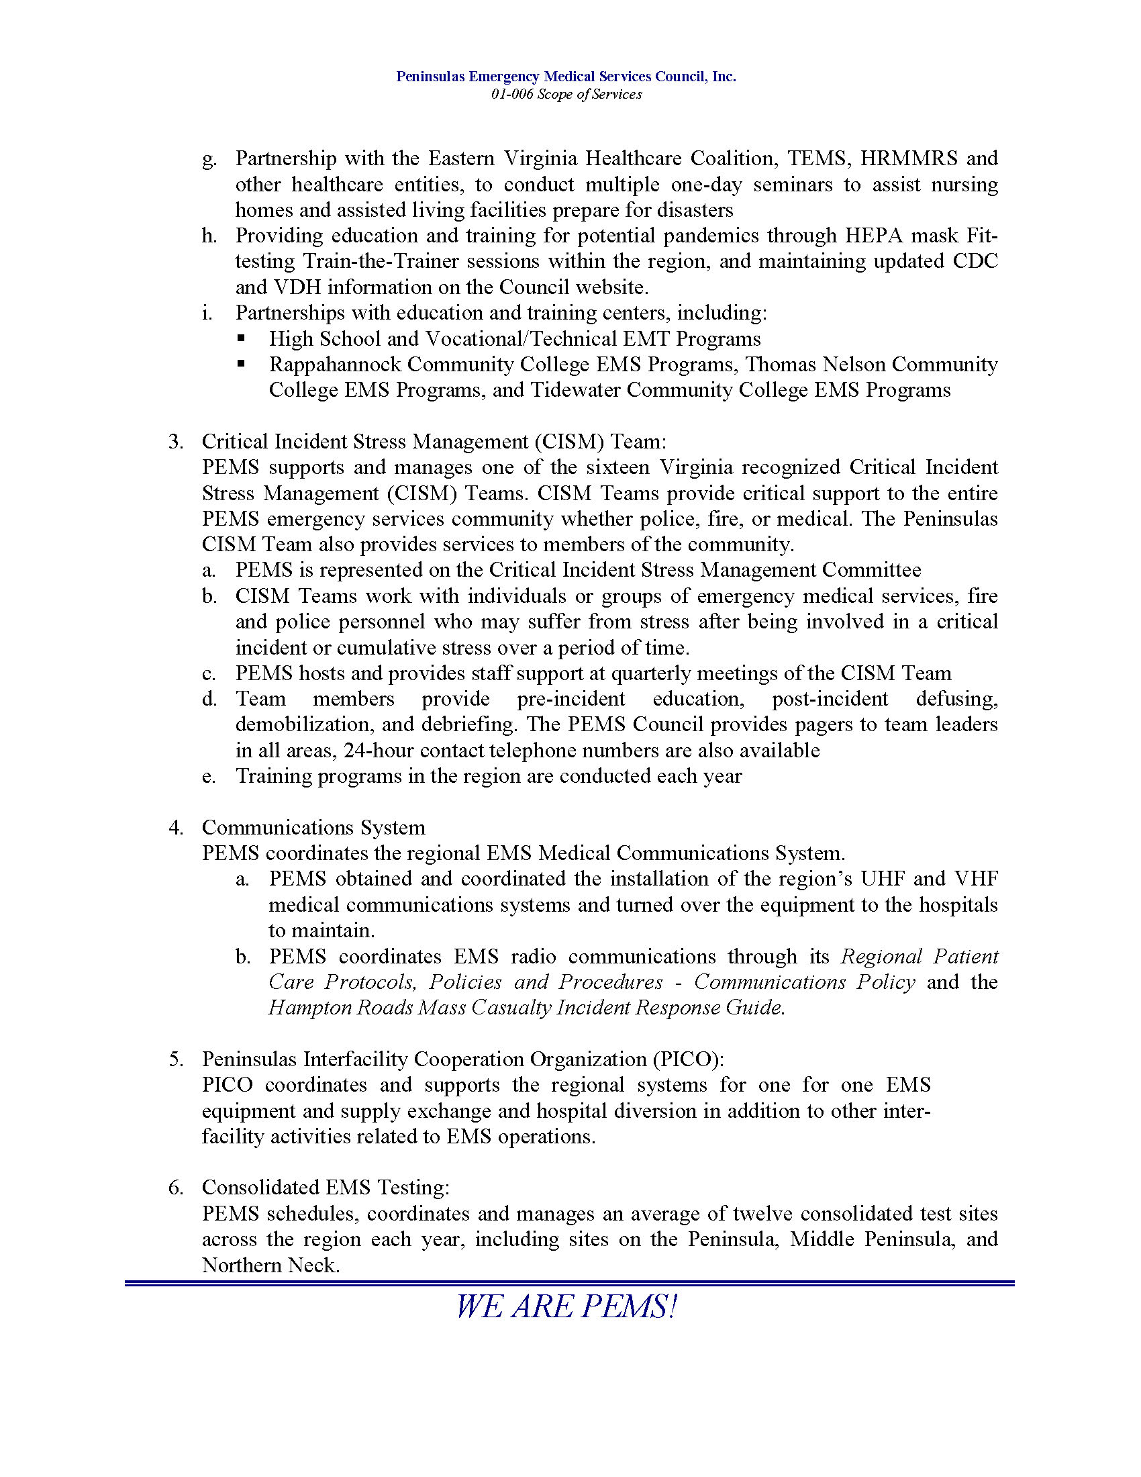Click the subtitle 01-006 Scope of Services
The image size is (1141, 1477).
[566, 95]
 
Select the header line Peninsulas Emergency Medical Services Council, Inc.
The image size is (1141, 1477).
[566, 77]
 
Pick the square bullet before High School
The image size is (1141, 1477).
[242, 338]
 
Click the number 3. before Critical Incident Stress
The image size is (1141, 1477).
[176, 442]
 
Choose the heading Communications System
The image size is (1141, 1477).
[313, 828]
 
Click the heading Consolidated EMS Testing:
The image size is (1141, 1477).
[326, 1188]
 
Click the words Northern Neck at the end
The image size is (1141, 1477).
[270, 1266]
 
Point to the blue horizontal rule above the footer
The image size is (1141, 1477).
[569, 1284]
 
